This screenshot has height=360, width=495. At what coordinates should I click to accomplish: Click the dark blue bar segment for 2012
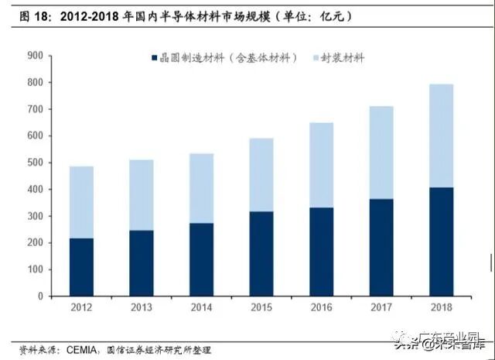coord(81,267)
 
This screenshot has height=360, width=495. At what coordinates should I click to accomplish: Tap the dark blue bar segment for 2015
coord(261,253)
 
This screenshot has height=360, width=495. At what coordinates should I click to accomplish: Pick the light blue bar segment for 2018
coord(442,135)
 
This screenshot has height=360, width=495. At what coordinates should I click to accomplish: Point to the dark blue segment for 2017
coord(382,247)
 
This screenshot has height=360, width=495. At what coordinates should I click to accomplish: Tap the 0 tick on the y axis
coord(41,296)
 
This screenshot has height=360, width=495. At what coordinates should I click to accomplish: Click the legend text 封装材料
coord(344,58)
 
